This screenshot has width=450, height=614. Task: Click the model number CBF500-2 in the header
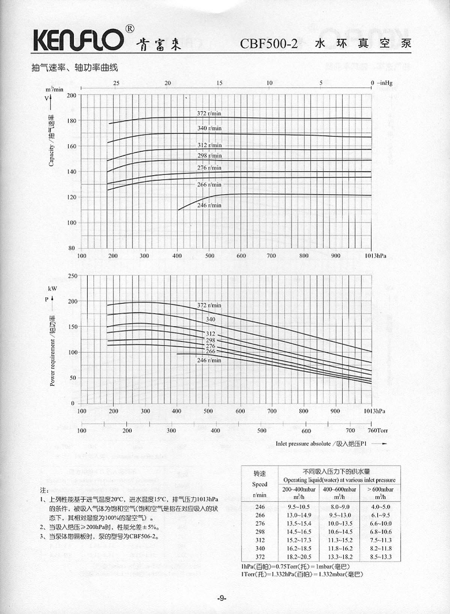pyautogui.click(x=268, y=44)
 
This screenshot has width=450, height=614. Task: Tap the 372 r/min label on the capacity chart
pyautogui.click(x=209, y=113)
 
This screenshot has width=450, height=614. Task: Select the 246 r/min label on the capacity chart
pyautogui.click(x=209, y=205)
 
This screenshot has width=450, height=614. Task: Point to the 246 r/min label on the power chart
pyautogui.click(x=209, y=360)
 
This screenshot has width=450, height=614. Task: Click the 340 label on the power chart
pyautogui.click(x=211, y=319)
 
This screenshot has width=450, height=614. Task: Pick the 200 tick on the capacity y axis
pyautogui.click(x=71, y=95)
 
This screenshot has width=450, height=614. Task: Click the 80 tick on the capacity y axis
pyautogui.click(x=72, y=248)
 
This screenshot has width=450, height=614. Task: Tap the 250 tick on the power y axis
pyautogui.click(x=73, y=276)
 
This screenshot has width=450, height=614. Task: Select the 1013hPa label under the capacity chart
pyautogui.click(x=375, y=256)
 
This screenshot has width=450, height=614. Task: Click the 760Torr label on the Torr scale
pyautogui.click(x=378, y=430)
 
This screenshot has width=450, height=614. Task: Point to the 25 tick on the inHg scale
pyautogui.click(x=116, y=83)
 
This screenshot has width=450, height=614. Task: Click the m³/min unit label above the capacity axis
pyautogui.click(x=54, y=89)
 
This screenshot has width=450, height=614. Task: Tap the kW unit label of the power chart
pyautogui.click(x=52, y=289)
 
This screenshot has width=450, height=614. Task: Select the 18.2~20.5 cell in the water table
pyautogui.click(x=299, y=557)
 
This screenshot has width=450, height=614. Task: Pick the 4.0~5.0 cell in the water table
pyautogui.click(x=380, y=507)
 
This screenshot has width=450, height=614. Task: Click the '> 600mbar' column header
pyautogui.click(x=380, y=489)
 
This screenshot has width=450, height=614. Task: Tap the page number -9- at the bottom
pyautogui.click(x=222, y=598)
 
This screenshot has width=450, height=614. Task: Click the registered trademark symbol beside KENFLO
pyautogui.click(x=129, y=29)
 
